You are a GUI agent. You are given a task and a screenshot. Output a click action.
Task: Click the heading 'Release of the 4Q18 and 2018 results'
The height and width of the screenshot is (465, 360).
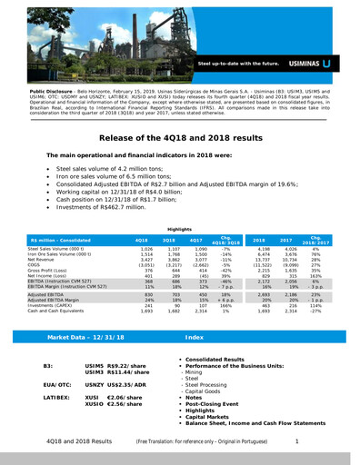coord(179,137)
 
